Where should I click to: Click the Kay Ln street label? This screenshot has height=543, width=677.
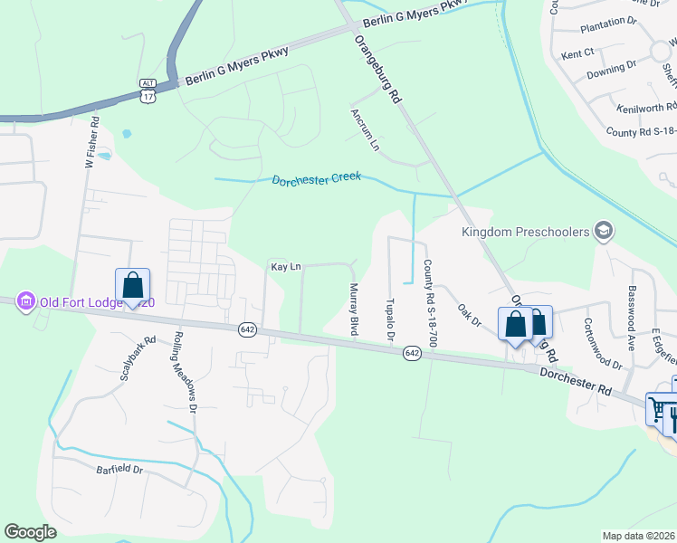285,267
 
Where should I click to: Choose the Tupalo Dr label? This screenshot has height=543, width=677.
390,321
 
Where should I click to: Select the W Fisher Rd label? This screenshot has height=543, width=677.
90,149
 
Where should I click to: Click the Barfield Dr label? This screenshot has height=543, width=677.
119,470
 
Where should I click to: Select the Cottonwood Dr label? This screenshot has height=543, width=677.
604,344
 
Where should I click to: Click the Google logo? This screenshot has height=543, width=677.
31,532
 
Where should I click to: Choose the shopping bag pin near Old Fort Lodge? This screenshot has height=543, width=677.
132,285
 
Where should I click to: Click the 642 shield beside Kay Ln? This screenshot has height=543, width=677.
247,329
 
